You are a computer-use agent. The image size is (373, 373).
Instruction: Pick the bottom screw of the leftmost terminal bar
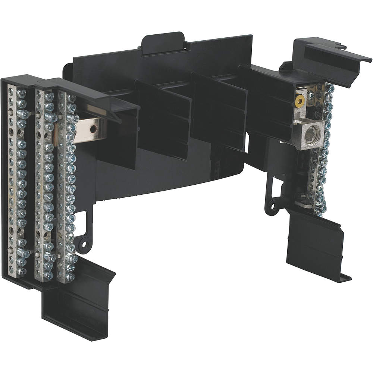(21, 272)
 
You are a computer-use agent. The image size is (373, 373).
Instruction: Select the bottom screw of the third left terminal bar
(69, 277)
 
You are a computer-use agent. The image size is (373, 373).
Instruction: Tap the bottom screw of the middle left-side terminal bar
(48, 275)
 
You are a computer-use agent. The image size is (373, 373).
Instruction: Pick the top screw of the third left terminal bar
(70, 99)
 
